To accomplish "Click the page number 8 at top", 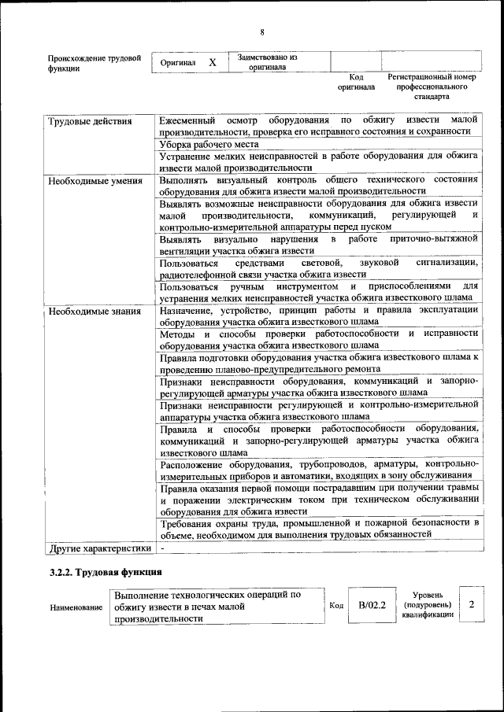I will click(x=262, y=31).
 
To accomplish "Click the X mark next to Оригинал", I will click(x=213, y=62).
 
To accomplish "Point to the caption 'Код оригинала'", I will click(x=356, y=82).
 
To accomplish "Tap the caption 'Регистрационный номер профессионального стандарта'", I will click(x=432, y=87).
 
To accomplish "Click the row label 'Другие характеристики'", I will click(x=98, y=547).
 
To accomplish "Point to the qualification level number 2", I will click(x=471, y=605).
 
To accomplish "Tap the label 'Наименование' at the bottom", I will click(x=76, y=607).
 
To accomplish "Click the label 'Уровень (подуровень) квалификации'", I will click(x=428, y=605).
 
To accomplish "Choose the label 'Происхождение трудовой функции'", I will click(x=94, y=63).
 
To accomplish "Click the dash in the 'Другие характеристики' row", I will click(x=161, y=547).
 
